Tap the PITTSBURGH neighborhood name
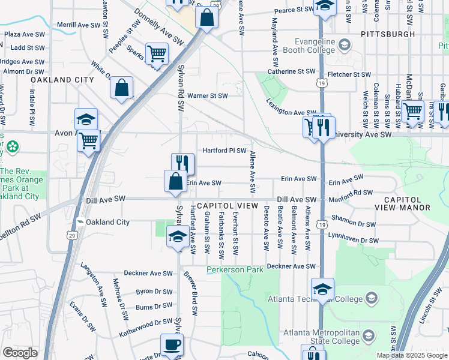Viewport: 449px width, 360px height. tap(388, 34)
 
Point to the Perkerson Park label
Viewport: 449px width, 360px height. tap(235, 270)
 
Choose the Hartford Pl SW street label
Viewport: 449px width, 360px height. tap(224, 151)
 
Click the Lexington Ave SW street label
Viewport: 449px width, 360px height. tap(292, 112)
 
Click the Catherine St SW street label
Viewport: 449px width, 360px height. tap(291, 71)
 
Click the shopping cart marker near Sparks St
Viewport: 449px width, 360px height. tap(157, 54)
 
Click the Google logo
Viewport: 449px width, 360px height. tap(20, 353)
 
